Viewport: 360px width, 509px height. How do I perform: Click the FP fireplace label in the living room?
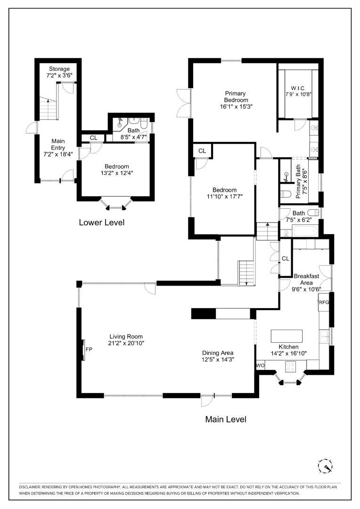(x=88, y=350)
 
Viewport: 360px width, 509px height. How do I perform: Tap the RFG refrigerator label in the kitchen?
(x=324, y=302)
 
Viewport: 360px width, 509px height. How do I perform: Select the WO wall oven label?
(x=260, y=365)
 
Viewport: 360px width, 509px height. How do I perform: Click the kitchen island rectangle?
(x=286, y=336)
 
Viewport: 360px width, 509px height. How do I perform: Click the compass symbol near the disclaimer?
(x=325, y=466)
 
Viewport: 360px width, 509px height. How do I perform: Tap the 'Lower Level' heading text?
(x=102, y=222)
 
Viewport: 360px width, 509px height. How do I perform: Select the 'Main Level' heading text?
(x=225, y=419)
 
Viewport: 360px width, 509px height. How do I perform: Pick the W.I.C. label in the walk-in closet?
(x=299, y=88)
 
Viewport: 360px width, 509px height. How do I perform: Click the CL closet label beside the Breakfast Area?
(x=286, y=258)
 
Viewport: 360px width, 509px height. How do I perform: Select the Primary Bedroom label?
(x=236, y=97)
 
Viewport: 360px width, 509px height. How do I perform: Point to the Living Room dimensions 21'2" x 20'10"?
(x=126, y=343)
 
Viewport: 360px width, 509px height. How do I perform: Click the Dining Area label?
(x=218, y=353)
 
